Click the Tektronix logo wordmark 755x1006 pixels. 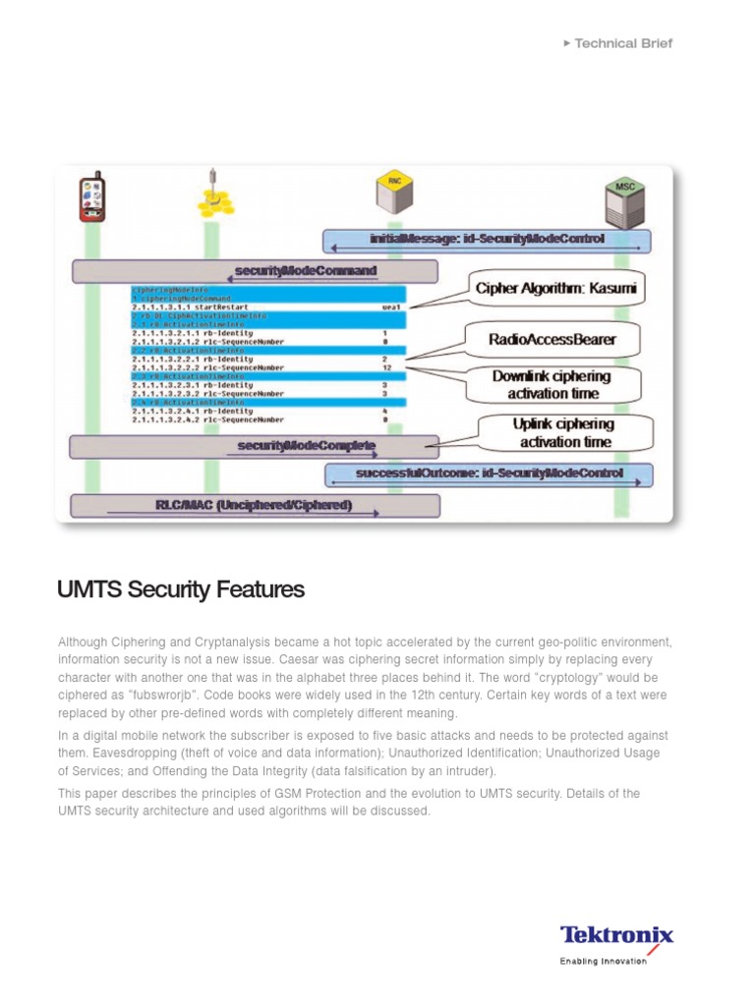pos(616,934)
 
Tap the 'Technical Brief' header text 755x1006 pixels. pos(623,43)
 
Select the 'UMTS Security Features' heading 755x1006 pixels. pos(182,590)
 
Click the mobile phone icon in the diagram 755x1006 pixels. pos(92,196)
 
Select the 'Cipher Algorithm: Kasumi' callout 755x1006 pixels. pos(556,288)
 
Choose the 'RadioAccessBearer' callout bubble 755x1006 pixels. pos(552,340)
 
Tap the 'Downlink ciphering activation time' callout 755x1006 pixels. pos(552,384)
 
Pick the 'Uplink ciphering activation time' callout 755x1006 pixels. pos(564,432)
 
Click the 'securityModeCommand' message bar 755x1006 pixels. pos(255,270)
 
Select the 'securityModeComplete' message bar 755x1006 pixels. pos(254,447)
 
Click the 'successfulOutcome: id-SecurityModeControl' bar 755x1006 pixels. pos(488,475)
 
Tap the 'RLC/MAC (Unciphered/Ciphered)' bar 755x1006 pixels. pos(256,506)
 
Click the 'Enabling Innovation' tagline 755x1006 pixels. pos(603,962)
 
